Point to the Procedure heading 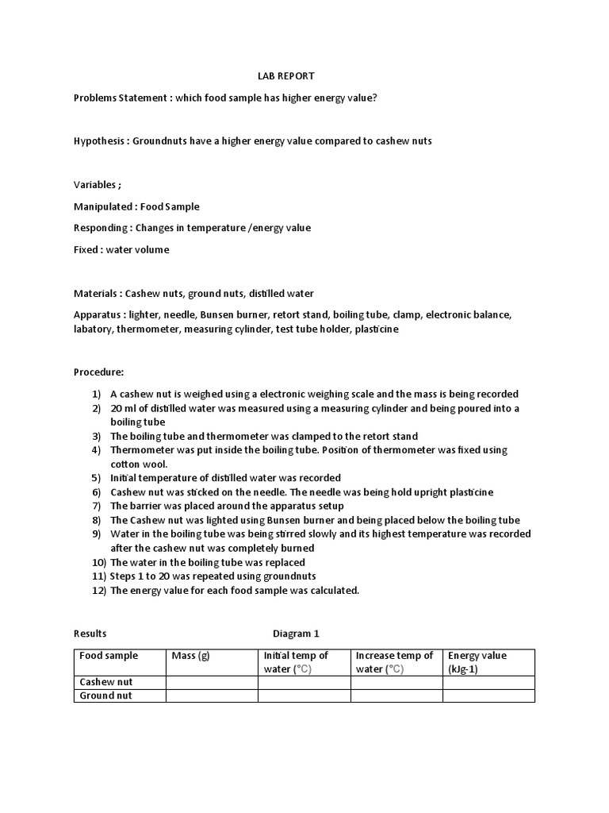(98, 372)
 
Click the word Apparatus (98, 315)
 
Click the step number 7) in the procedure (97, 506)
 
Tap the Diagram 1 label (296, 634)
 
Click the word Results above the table (90, 634)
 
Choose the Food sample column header (109, 656)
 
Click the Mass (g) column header (190, 656)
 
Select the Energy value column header (477, 656)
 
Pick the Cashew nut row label (106, 682)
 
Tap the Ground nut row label (106, 695)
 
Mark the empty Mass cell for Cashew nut (212, 682)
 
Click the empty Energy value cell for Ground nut (488, 695)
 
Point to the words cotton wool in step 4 (137, 464)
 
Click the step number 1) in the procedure (97, 394)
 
